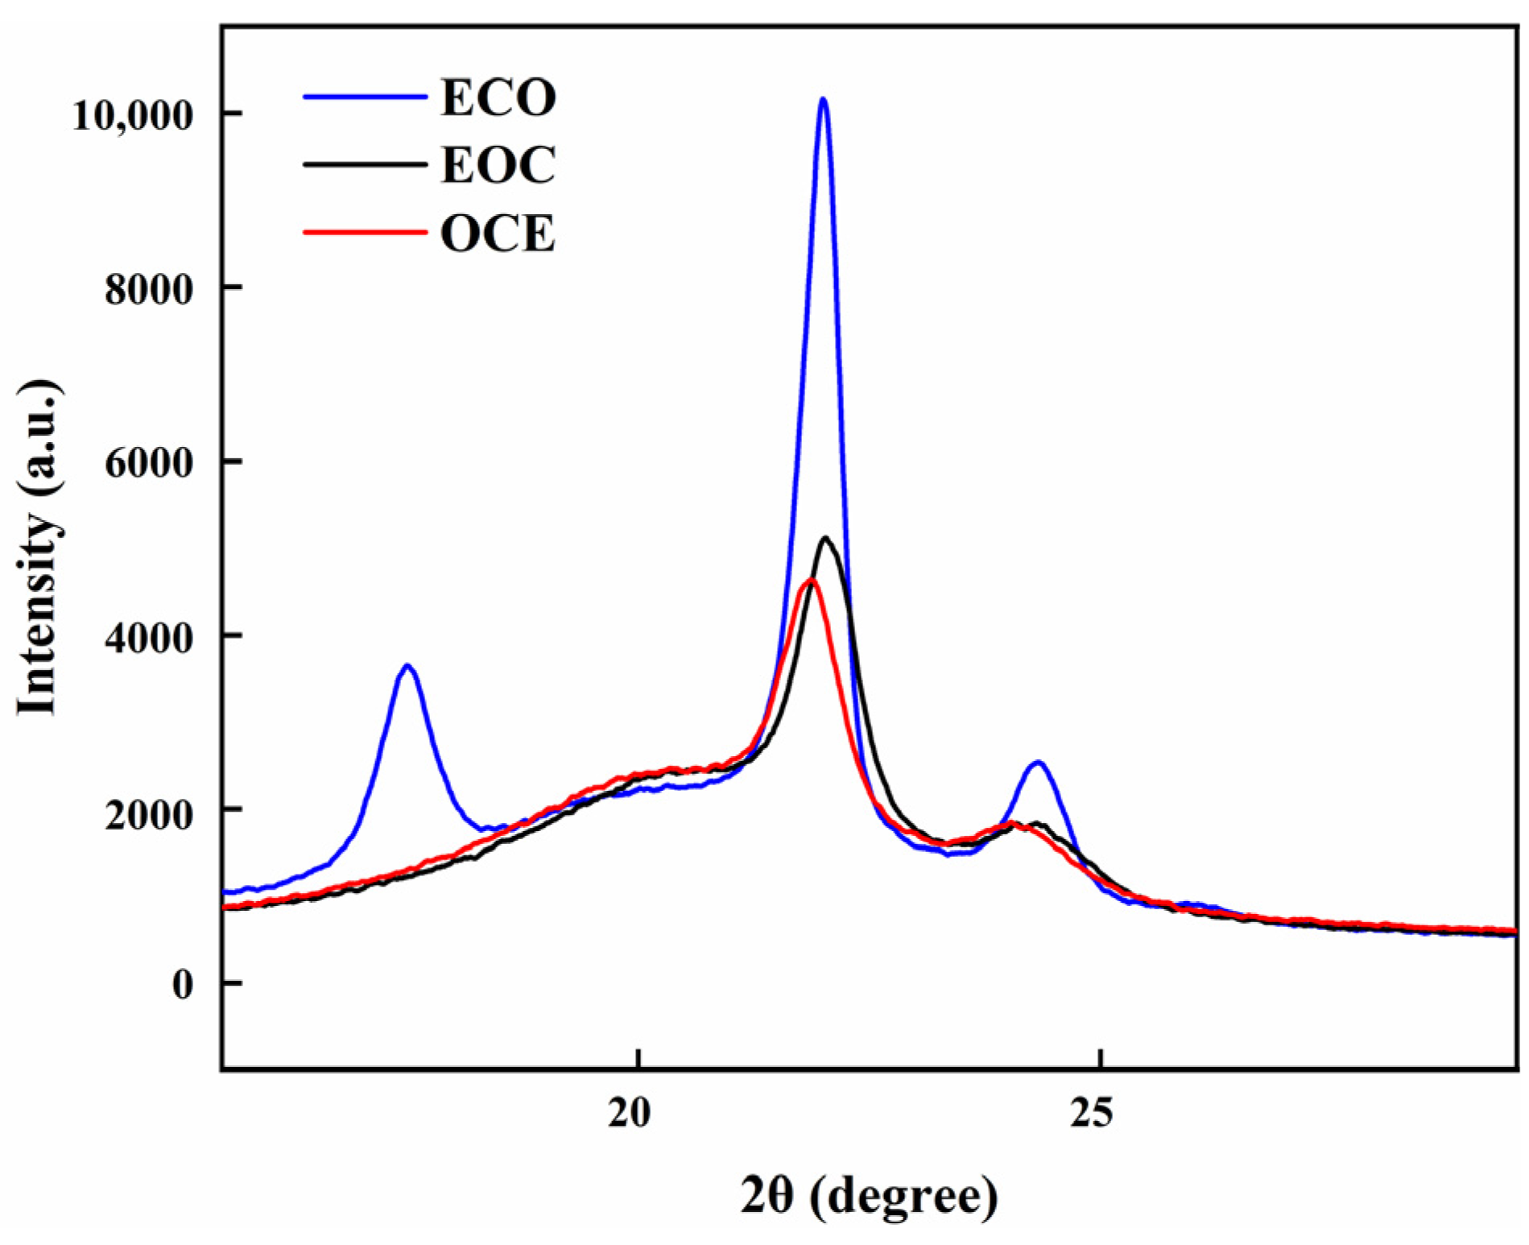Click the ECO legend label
(x=498, y=98)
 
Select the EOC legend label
(x=498, y=166)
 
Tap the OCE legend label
(x=498, y=234)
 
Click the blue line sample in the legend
(x=364, y=97)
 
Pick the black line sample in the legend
(x=364, y=165)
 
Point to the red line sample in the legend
(x=364, y=234)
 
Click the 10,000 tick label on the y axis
(x=133, y=115)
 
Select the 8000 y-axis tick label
(x=149, y=289)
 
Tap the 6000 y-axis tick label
(x=149, y=463)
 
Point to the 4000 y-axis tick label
(x=149, y=638)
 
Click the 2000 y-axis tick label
(x=149, y=812)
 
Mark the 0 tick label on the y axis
(x=183, y=985)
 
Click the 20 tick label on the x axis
(x=629, y=1112)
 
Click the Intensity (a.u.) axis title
(x=39, y=548)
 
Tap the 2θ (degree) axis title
(x=869, y=1196)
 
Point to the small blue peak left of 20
(x=407, y=667)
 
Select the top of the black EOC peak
(x=825, y=538)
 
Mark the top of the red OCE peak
(x=812, y=581)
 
